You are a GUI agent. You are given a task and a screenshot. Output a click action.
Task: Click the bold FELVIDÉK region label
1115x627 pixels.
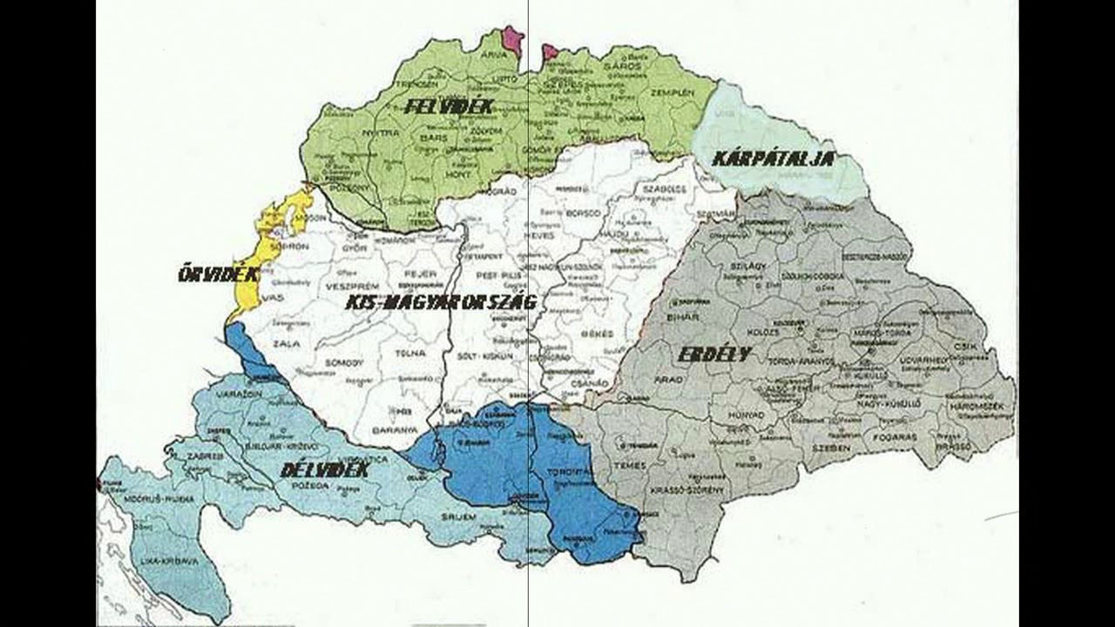pos(449,107)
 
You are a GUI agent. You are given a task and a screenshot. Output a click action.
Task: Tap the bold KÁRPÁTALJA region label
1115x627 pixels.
pos(774,158)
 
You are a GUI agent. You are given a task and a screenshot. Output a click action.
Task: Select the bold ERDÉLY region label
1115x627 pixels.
pos(714,354)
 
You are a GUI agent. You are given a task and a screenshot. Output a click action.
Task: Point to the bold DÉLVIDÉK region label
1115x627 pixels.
pos(325,470)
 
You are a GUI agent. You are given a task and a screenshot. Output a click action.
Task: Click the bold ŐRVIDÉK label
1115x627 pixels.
pos(218,274)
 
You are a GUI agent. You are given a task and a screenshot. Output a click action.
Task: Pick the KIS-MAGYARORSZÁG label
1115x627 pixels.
pos(440,302)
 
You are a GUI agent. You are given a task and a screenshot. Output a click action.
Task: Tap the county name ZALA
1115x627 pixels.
pos(280,345)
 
